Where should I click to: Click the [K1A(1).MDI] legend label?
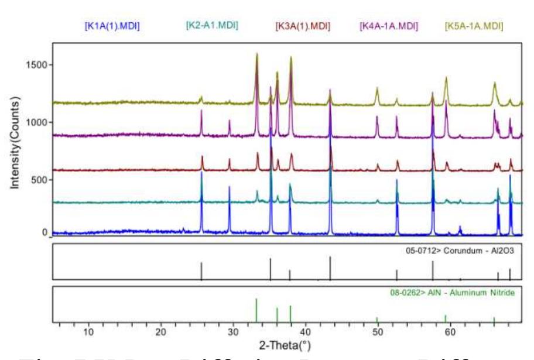click(112, 26)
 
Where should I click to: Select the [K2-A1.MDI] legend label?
click(211, 25)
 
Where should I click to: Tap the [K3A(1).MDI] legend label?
click(303, 26)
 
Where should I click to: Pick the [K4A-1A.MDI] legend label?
click(388, 26)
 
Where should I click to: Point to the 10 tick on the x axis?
click(88, 332)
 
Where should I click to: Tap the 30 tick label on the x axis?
click(232, 332)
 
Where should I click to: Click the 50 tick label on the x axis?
click(377, 332)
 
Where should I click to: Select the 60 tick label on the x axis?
click(450, 332)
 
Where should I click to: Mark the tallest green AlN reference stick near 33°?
click(256, 310)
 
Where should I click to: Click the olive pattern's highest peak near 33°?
click(256, 54)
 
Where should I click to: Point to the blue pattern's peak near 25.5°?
click(201, 173)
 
